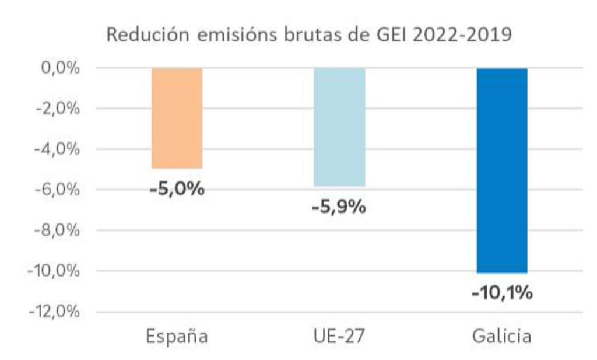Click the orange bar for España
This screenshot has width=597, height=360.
[x=177, y=118]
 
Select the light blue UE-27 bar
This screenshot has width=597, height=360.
[x=339, y=127]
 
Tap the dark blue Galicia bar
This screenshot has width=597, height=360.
[x=502, y=170]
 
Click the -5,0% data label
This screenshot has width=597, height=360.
[x=177, y=189]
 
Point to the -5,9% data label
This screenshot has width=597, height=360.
[x=339, y=207]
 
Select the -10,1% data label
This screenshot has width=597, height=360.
[x=502, y=292]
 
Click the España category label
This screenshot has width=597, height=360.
[x=177, y=337]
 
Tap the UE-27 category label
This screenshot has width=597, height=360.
[x=339, y=337]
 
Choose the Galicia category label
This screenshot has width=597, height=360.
[x=501, y=337]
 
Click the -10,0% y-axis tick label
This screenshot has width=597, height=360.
[x=53, y=271]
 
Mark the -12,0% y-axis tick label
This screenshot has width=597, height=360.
[x=53, y=311]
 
